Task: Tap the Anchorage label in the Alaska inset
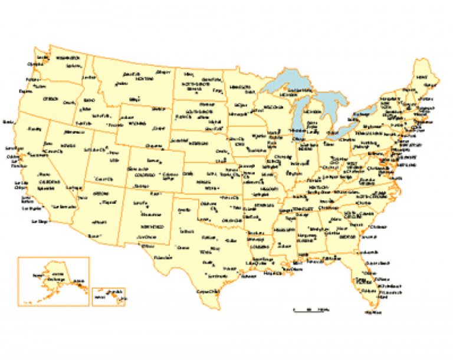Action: pyautogui.click(x=58, y=278)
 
